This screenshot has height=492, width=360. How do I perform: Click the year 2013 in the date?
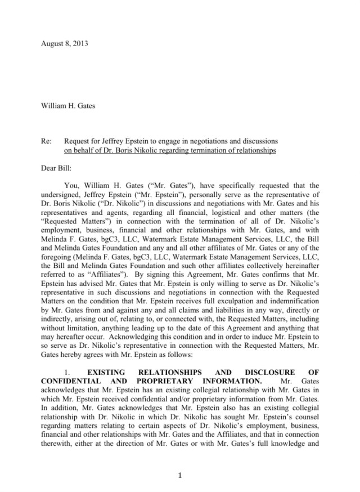point(80,43)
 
